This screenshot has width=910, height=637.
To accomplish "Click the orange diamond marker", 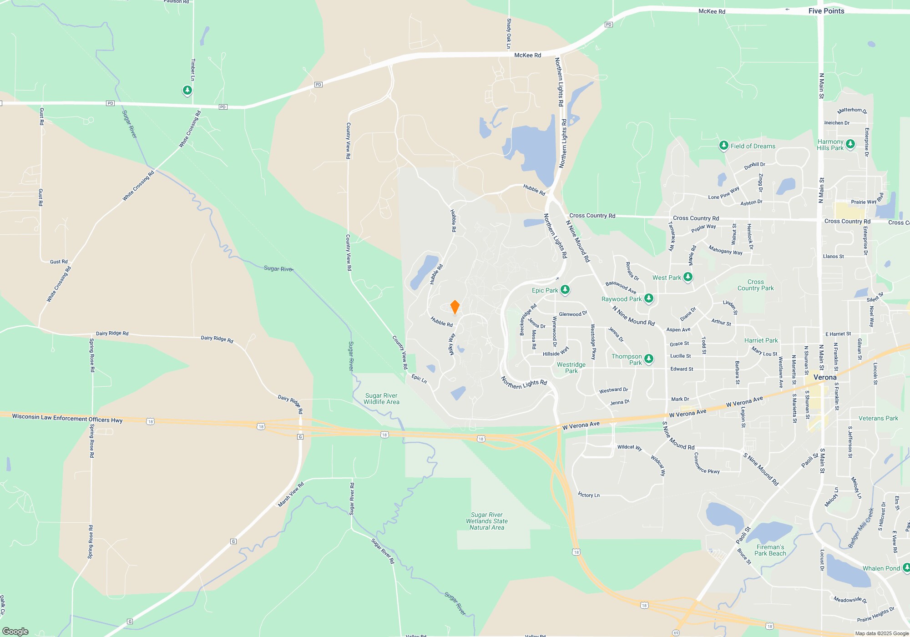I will point(455,307).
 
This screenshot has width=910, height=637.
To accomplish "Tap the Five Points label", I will point(826,11).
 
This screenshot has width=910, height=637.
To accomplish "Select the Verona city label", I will point(824,377).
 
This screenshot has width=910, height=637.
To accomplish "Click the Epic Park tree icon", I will point(565,289).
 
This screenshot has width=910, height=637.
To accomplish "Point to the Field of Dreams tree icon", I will point(723,146).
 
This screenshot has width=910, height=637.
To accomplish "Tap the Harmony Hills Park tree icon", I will point(850,144).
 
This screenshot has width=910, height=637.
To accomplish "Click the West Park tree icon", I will point(688,277).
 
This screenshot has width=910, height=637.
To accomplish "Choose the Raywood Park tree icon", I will point(649,298).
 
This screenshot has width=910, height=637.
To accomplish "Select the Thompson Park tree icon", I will point(649,359).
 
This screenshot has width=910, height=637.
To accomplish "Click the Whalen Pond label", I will point(881,568).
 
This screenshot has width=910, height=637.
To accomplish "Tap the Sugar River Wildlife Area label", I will point(381,399).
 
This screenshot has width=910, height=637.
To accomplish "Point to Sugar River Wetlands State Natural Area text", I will point(487,521).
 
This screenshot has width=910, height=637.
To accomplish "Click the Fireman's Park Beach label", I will point(770,550).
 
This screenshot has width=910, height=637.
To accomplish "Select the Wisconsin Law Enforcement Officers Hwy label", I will point(67,418).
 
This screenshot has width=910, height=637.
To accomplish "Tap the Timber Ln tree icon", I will point(187,91).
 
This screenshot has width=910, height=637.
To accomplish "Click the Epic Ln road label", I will point(419,379).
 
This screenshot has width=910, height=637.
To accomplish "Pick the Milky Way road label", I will point(451,344).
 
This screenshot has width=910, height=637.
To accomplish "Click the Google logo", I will point(15,631).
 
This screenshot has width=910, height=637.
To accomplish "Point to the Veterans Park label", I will point(878,418).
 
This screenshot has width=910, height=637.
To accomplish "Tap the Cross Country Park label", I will point(755,285).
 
